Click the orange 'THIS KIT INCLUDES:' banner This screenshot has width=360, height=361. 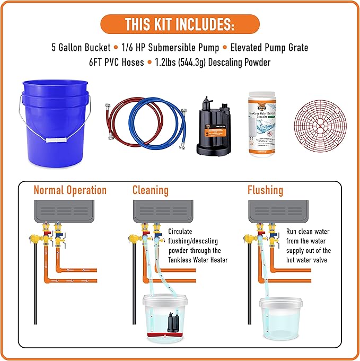pos(180,24)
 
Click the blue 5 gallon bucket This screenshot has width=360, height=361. pos(55,119)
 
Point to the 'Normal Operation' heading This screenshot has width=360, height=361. pos(70,190)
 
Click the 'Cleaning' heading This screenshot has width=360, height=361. pos(151,190)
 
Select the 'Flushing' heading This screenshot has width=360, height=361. pos(265,190)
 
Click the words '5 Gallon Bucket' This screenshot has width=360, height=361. pos(80,47)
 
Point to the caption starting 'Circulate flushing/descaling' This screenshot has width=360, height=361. pos(198,245)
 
